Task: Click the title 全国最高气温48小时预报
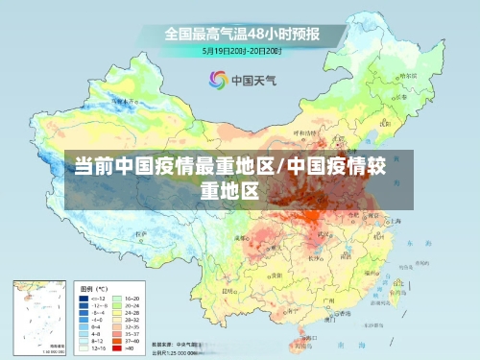coord(242,33)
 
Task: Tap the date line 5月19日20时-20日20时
coord(241,50)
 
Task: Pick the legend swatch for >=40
coord(120,347)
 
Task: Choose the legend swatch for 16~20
coord(120,300)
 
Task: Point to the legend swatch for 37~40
coord(120,339)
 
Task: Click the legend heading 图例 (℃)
coord(93,288)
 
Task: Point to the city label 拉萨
coord(143,233)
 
